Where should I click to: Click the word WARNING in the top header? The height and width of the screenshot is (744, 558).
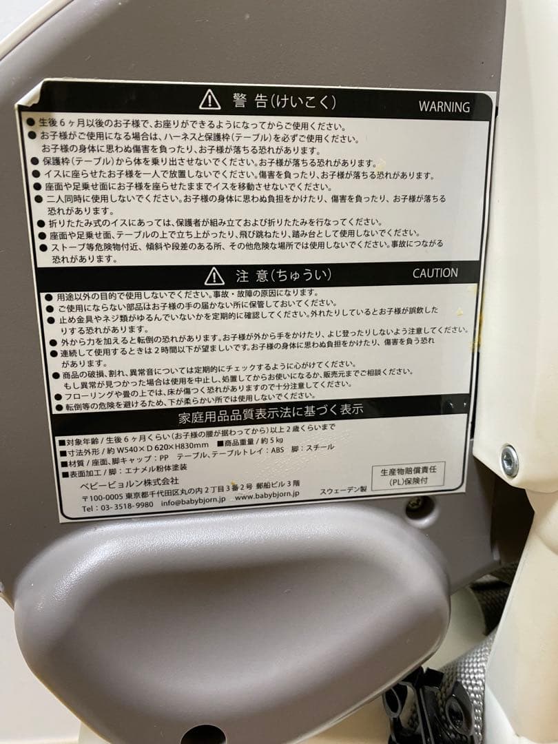pos(444,107)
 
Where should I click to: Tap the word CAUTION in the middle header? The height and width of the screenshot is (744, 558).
pos(435,273)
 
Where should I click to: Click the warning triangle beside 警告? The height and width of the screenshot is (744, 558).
pos(209,101)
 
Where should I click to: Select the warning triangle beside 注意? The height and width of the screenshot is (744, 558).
pos(215,276)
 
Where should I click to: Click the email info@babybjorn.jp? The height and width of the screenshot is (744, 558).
pos(193,503)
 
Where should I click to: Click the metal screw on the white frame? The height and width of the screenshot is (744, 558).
pos(510,460)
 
